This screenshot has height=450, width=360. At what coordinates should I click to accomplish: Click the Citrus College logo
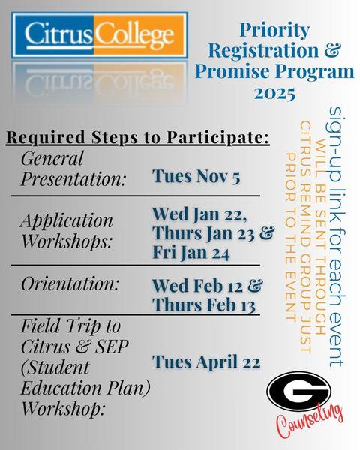(99, 35)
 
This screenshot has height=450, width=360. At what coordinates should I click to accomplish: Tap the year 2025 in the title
(274, 93)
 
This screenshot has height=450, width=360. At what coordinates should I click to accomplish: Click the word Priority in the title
(274, 30)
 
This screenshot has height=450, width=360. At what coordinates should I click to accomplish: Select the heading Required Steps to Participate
(138, 137)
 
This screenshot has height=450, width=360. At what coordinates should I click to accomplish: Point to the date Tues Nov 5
(196, 176)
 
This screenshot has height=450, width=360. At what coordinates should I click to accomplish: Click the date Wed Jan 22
(199, 214)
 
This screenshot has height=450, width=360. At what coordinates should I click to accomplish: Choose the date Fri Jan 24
(191, 253)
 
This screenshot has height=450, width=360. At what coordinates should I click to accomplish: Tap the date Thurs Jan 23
(203, 233)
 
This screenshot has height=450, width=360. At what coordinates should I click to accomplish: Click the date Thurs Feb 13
(204, 304)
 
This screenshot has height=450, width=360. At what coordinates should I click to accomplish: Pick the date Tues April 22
(206, 361)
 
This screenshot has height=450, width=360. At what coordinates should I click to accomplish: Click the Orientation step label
(70, 283)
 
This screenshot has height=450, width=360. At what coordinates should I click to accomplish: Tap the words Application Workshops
(67, 231)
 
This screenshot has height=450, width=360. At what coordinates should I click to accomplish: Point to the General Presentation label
(73, 169)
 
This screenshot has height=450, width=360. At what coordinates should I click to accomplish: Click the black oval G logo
(298, 391)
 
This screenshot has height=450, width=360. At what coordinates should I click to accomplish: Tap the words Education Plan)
(85, 388)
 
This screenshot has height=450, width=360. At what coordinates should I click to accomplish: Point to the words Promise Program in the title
(274, 71)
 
